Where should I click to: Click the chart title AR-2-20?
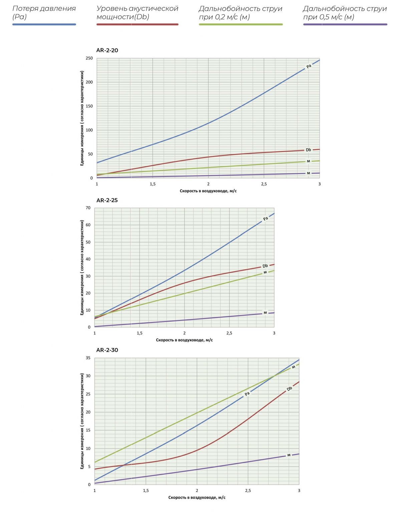coord(107,50)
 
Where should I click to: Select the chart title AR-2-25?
coord(107,200)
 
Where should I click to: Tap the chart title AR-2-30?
coord(107,350)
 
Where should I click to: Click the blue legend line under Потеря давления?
coord(44,24)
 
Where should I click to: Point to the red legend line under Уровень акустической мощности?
coord(137,24)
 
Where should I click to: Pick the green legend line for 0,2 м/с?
coord(241,24)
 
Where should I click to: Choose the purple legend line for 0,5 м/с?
coord(345,24)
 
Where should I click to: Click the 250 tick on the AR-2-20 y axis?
coord(89,58)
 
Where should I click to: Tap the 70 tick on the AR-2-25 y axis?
coord(88,208)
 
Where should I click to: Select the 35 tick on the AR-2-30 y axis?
coord(88,358)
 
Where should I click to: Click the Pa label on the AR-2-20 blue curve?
coord(309,66)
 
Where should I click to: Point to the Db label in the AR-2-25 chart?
coord(265,266)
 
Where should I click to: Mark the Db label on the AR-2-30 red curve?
coord(289,389)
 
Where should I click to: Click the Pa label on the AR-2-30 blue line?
coord(247,394)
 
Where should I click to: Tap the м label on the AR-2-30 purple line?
coord(289,455)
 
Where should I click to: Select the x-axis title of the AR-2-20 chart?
coord(208,191)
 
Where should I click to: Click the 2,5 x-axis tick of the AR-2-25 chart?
coord(229,333)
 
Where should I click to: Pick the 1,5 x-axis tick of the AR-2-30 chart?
coord(146,491)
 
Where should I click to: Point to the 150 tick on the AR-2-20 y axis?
coord(89,106)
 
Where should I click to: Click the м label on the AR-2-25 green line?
coord(265,272)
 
